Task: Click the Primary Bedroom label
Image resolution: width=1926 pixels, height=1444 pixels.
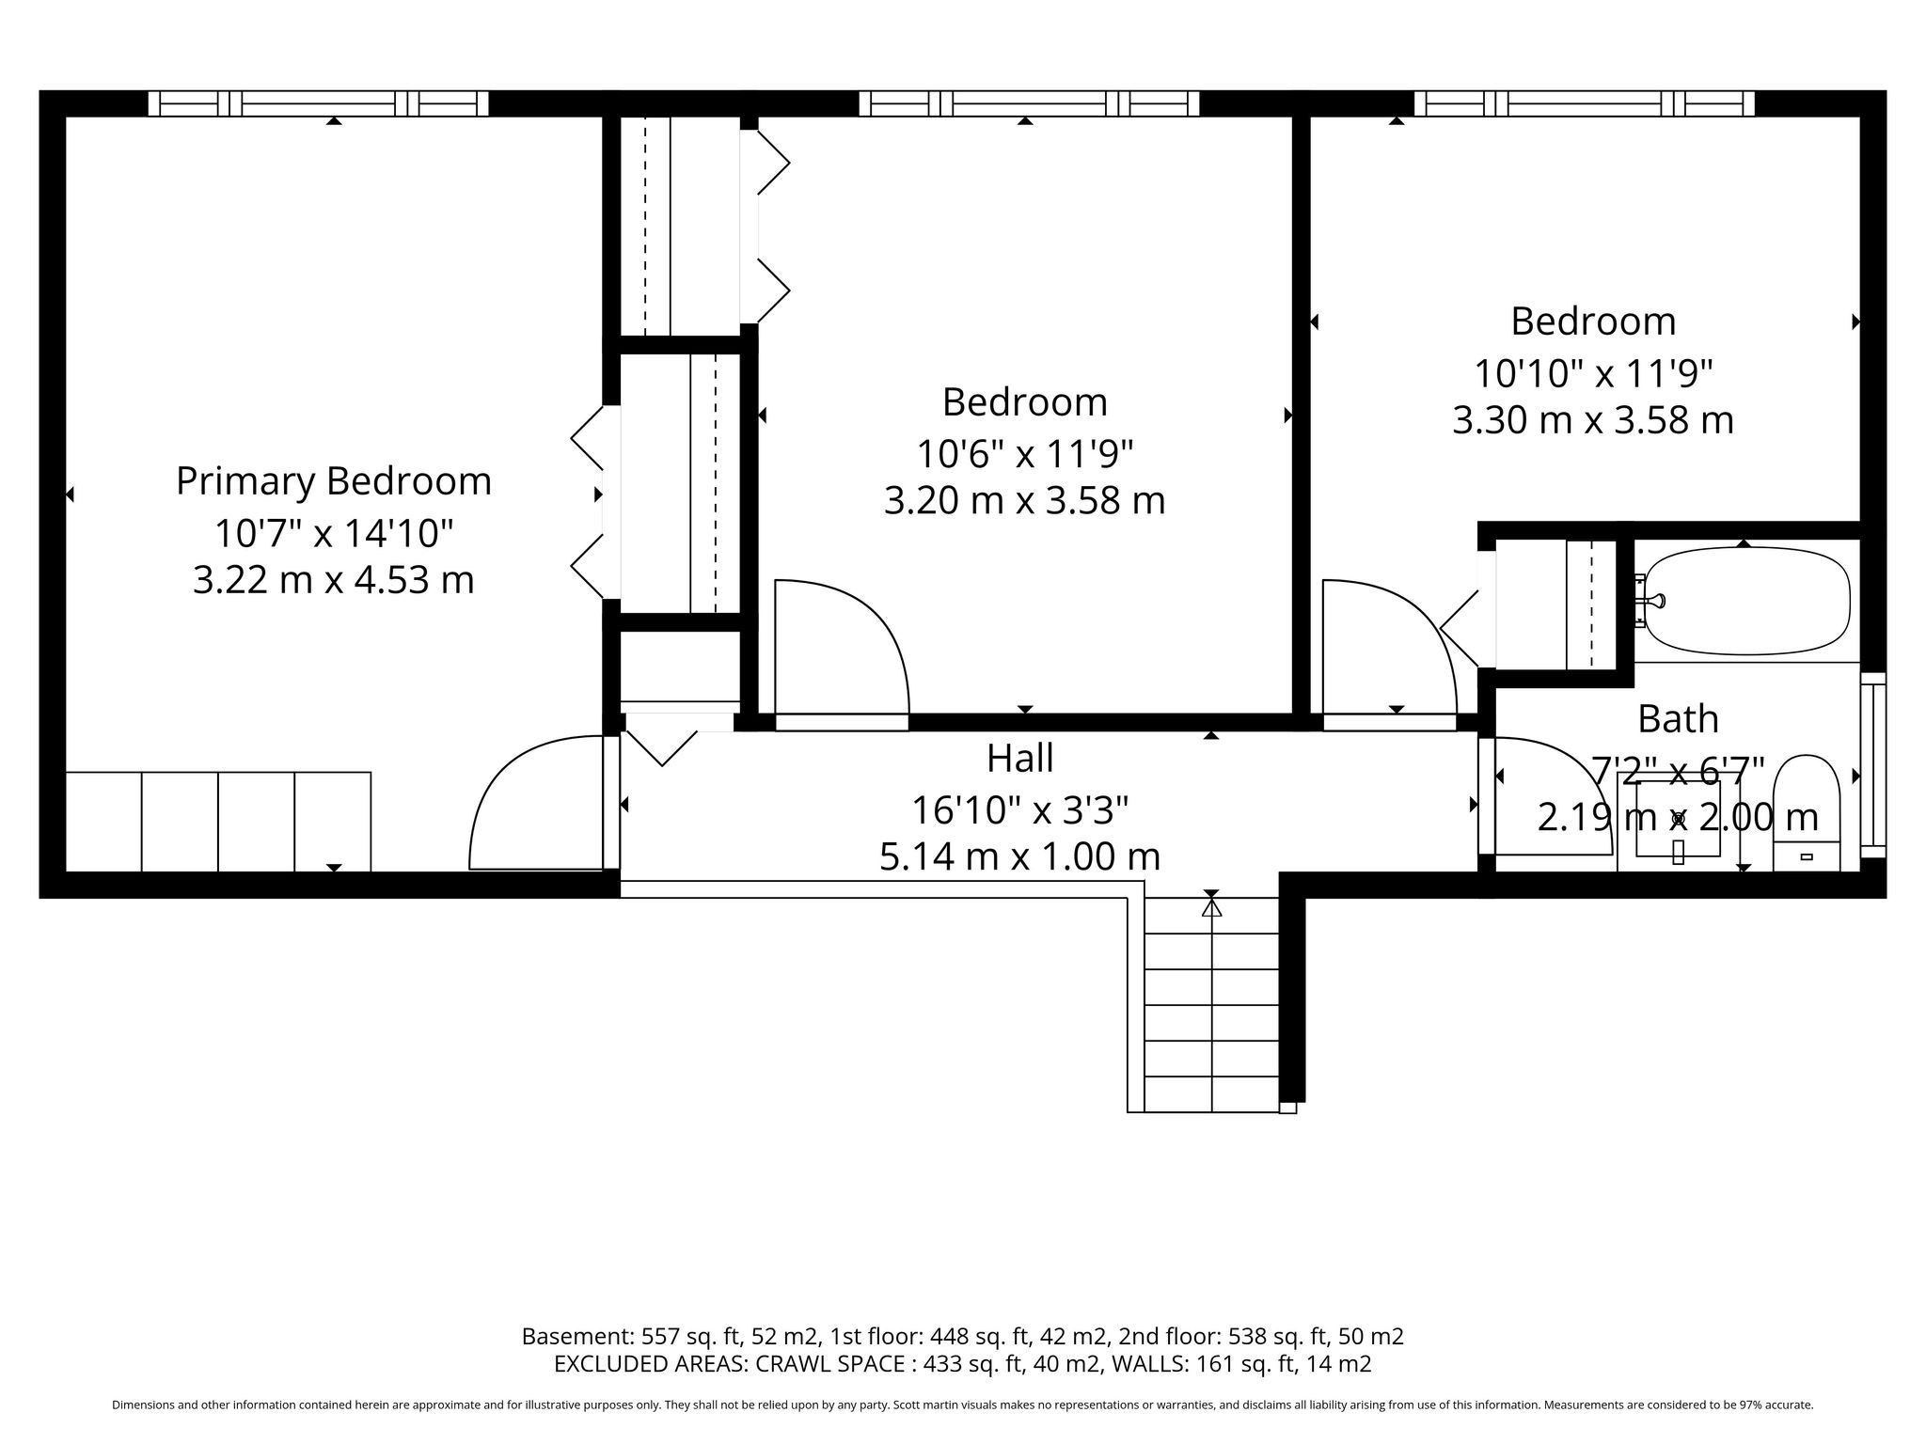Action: pyautogui.click(x=334, y=481)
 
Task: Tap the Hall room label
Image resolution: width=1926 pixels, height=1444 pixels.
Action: pyautogui.click(x=1020, y=758)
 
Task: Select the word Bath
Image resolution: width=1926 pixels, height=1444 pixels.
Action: pyautogui.click(x=1678, y=718)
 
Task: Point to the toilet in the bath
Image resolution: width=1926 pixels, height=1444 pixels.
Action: pyautogui.click(x=1806, y=812)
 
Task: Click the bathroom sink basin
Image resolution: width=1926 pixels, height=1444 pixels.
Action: pyautogui.click(x=1678, y=819)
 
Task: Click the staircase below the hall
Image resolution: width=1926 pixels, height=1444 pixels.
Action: pyautogui.click(x=1212, y=1004)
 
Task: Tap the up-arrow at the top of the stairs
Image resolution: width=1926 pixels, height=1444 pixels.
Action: pyautogui.click(x=1211, y=907)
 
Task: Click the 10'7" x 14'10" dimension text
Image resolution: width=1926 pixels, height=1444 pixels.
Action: pyautogui.click(x=334, y=533)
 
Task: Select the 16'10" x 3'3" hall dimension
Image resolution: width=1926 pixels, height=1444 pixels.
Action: pyautogui.click(x=1020, y=808)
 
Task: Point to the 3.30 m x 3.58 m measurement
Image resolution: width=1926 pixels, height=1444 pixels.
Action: pyautogui.click(x=1593, y=419)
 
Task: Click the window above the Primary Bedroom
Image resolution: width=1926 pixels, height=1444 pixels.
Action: pyautogui.click(x=318, y=103)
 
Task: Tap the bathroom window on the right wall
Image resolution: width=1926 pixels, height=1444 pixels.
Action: pyautogui.click(x=1873, y=765)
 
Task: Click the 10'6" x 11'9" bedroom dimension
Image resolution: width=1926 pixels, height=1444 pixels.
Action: pyautogui.click(x=1025, y=454)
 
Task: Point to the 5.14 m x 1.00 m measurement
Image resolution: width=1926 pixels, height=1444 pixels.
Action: pyautogui.click(x=1020, y=856)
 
